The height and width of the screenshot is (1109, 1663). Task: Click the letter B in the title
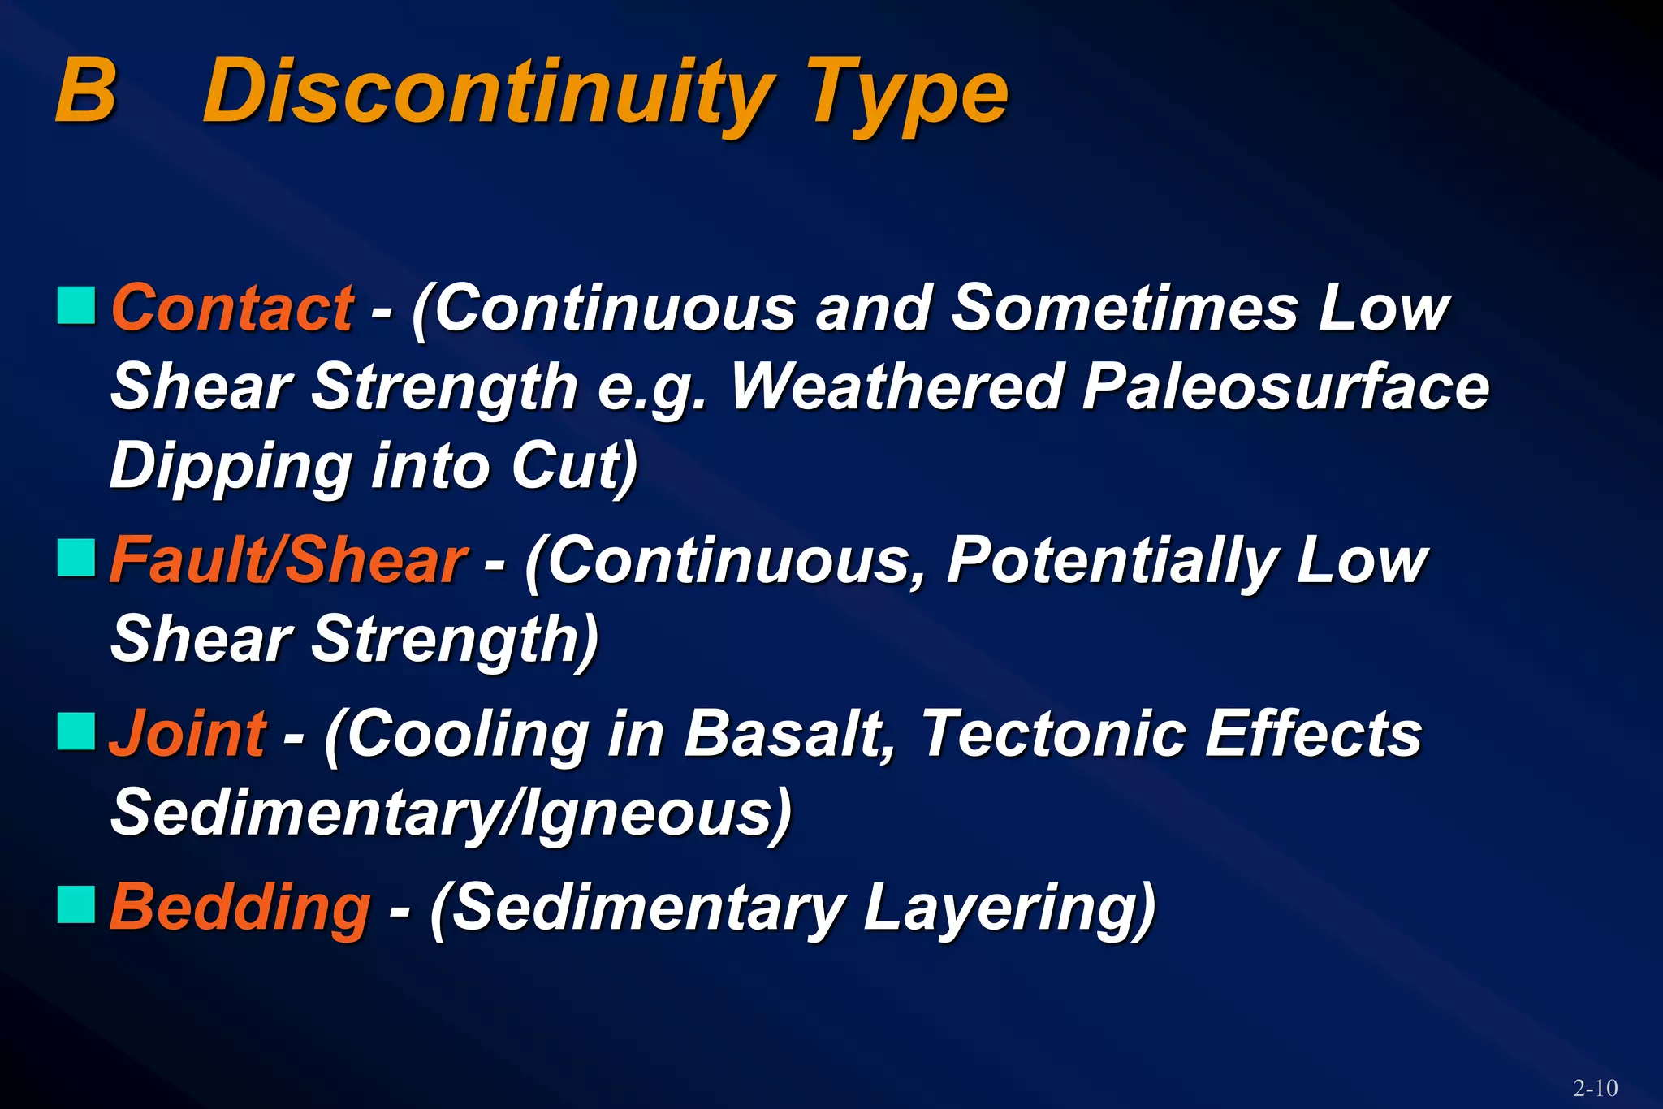click(85, 91)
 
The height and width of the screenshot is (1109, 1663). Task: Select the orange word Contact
click(232, 309)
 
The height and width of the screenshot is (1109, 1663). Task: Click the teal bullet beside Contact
click(76, 305)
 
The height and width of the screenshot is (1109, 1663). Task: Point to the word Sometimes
click(1124, 309)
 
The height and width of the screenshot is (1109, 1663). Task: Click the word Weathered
click(896, 386)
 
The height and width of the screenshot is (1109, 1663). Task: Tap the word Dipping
click(231, 468)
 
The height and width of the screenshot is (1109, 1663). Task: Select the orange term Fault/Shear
click(287, 560)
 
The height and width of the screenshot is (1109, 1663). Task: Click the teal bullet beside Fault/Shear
click(76, 558)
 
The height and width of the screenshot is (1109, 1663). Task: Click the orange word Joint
click(187, 734)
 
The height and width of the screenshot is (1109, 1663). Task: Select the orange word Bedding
click(240, 908)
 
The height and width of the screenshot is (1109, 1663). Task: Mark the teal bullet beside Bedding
click(76, 904)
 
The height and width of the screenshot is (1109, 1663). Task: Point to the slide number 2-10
click(1595, 1088)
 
